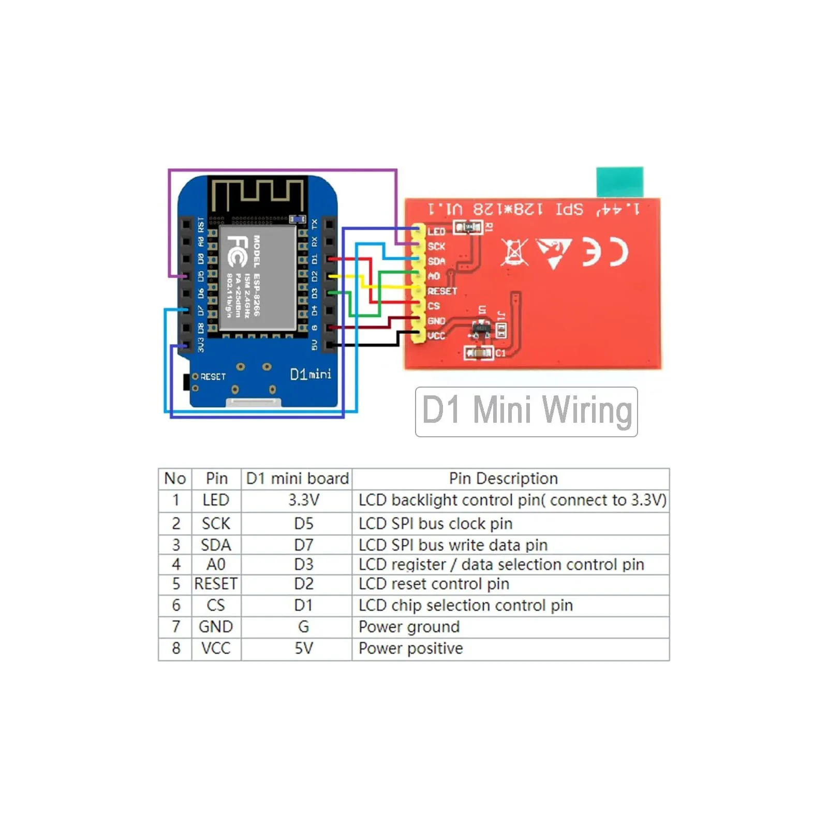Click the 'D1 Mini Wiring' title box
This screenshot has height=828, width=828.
[526, 411]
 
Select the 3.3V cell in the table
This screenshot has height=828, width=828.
[303, 500]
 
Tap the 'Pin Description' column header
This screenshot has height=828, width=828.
[503, 478]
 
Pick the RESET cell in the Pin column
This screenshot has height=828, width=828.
[216, 584]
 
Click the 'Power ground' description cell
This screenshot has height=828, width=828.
[409, 627]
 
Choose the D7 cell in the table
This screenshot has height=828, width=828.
[303, 545]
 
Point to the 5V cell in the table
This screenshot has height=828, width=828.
[303, 648]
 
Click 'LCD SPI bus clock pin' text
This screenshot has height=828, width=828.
[435, 524]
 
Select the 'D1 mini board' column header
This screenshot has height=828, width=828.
[297, 478]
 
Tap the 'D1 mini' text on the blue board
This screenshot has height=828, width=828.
[310, 374]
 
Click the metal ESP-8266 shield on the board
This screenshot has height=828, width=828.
[258, 278]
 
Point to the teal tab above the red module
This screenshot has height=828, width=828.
[619, 182]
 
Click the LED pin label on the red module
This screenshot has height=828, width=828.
[436, 231]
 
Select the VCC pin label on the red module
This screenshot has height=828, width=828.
[436, 336]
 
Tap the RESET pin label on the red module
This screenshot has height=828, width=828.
[442, 291]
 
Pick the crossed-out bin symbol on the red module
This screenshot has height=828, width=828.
[514, 253]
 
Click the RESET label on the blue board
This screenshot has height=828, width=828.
[213, 377]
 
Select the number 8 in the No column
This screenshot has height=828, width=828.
[176, 648]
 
